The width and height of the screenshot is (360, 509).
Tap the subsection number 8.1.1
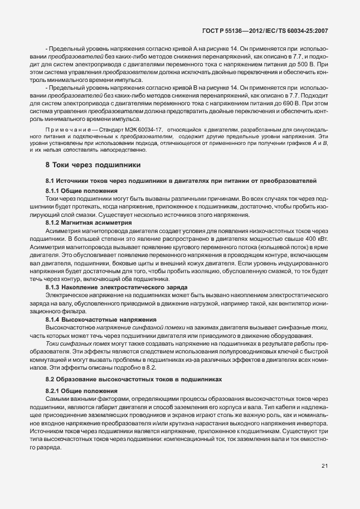(53, 191)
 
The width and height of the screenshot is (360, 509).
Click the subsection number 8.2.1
(53, 391)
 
